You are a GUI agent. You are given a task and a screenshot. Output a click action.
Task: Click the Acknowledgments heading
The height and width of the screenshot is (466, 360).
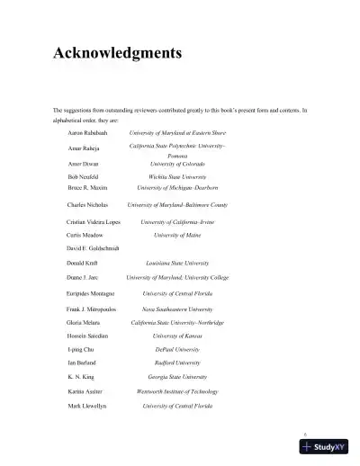118,53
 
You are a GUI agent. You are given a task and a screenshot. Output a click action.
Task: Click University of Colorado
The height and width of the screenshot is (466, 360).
177,164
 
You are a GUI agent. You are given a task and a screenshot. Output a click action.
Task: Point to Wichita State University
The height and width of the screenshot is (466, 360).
177,178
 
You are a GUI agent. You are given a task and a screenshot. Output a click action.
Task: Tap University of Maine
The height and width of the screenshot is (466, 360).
177,234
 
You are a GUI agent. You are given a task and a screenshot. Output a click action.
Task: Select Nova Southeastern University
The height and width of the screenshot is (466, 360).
177,309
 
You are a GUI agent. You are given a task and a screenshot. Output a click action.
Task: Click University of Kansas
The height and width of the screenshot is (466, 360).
177,336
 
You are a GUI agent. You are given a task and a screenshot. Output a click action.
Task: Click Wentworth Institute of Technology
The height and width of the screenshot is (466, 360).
177,392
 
